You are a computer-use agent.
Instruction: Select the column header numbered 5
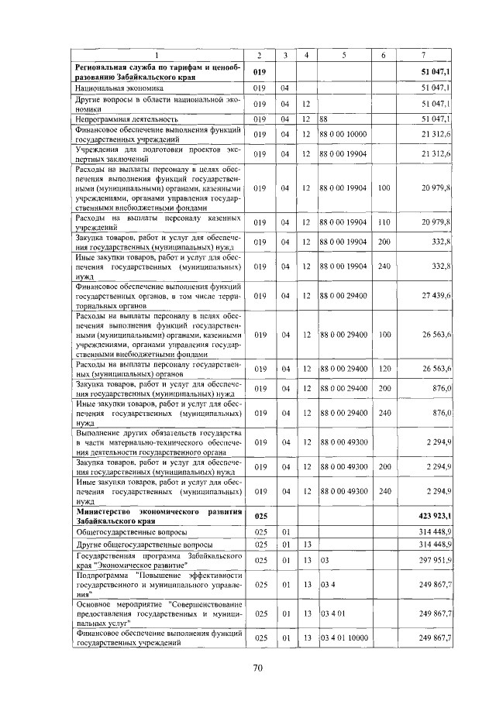pyautogui.click(x=343, y=54)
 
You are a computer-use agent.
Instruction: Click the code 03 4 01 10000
pyautogui.click(x=342, y=638)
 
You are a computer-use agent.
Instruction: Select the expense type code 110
pyautogui.click(x=384, y=222)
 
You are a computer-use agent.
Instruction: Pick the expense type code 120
pyautogui.click(x=384, y=368)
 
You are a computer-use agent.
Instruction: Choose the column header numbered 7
pyautogui.click(x=422, y=54)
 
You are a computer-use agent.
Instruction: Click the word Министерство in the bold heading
pyautogui.click(x=105, y=511)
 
